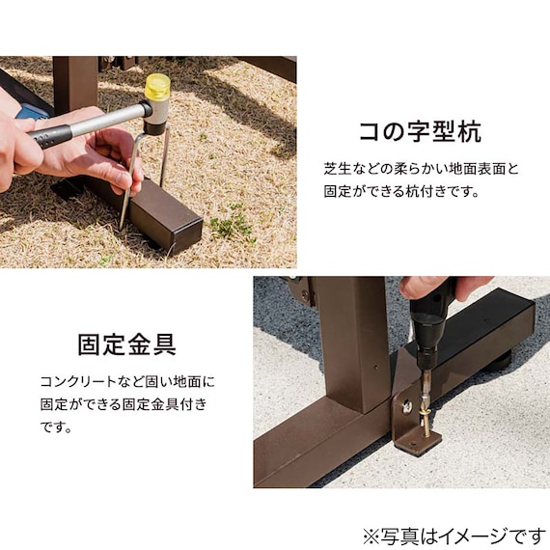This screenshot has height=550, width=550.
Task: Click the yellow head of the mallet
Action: coord(157,87)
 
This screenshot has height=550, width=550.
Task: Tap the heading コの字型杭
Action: coord(419,132)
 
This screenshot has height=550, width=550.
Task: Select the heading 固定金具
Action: coord(126,344)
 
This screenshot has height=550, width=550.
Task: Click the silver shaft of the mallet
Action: coord(106,120)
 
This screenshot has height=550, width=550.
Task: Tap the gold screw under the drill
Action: coord(426,411)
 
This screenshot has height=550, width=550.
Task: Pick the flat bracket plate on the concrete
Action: coord(417,442)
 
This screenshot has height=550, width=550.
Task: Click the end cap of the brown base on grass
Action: coord(185,230)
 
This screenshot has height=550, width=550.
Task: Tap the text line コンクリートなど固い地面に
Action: coord(127,382)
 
